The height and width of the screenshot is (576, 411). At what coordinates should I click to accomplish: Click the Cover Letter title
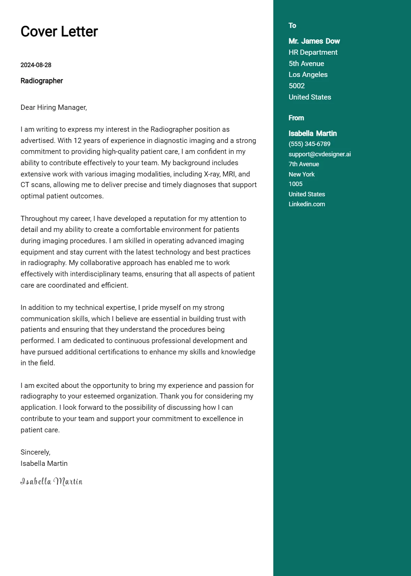tap(59, 31)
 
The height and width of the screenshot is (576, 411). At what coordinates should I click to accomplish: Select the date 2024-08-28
tap(36, 65)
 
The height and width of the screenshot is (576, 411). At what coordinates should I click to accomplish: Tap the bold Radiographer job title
tap(42, 81)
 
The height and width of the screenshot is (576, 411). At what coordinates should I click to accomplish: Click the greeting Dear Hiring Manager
tap(54, 107)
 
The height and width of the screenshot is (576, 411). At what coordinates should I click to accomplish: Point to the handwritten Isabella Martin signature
tap(51, 482)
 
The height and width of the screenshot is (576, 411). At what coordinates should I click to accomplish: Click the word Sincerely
tap(35, 452)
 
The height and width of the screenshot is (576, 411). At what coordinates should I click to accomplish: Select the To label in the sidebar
tap(292, 26)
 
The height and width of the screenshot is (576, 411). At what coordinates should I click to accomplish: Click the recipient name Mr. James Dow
tap(314, 41)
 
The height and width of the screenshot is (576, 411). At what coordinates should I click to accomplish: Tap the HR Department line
tap(313, 52)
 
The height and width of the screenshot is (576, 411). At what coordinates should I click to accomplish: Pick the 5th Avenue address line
tap(306, 64)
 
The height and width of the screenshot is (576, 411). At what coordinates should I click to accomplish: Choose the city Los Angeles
tap(308, 75)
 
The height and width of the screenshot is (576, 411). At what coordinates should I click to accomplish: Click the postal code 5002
tap(297, 86)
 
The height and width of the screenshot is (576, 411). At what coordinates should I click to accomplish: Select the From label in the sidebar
tap(296, 118)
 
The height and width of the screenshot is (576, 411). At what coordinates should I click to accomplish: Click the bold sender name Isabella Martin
tap(313, 133)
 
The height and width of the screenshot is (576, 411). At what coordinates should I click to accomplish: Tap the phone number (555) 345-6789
tap(310, 144)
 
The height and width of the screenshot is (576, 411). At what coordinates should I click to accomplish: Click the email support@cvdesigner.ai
tap(320, 154)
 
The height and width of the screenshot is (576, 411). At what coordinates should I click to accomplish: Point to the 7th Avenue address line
tap(304, 164)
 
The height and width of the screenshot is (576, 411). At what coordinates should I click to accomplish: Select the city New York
tap(301, 174)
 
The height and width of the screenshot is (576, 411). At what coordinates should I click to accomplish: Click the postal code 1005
tap(296, 184)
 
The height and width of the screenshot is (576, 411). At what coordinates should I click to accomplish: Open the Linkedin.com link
tap(307, 204)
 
